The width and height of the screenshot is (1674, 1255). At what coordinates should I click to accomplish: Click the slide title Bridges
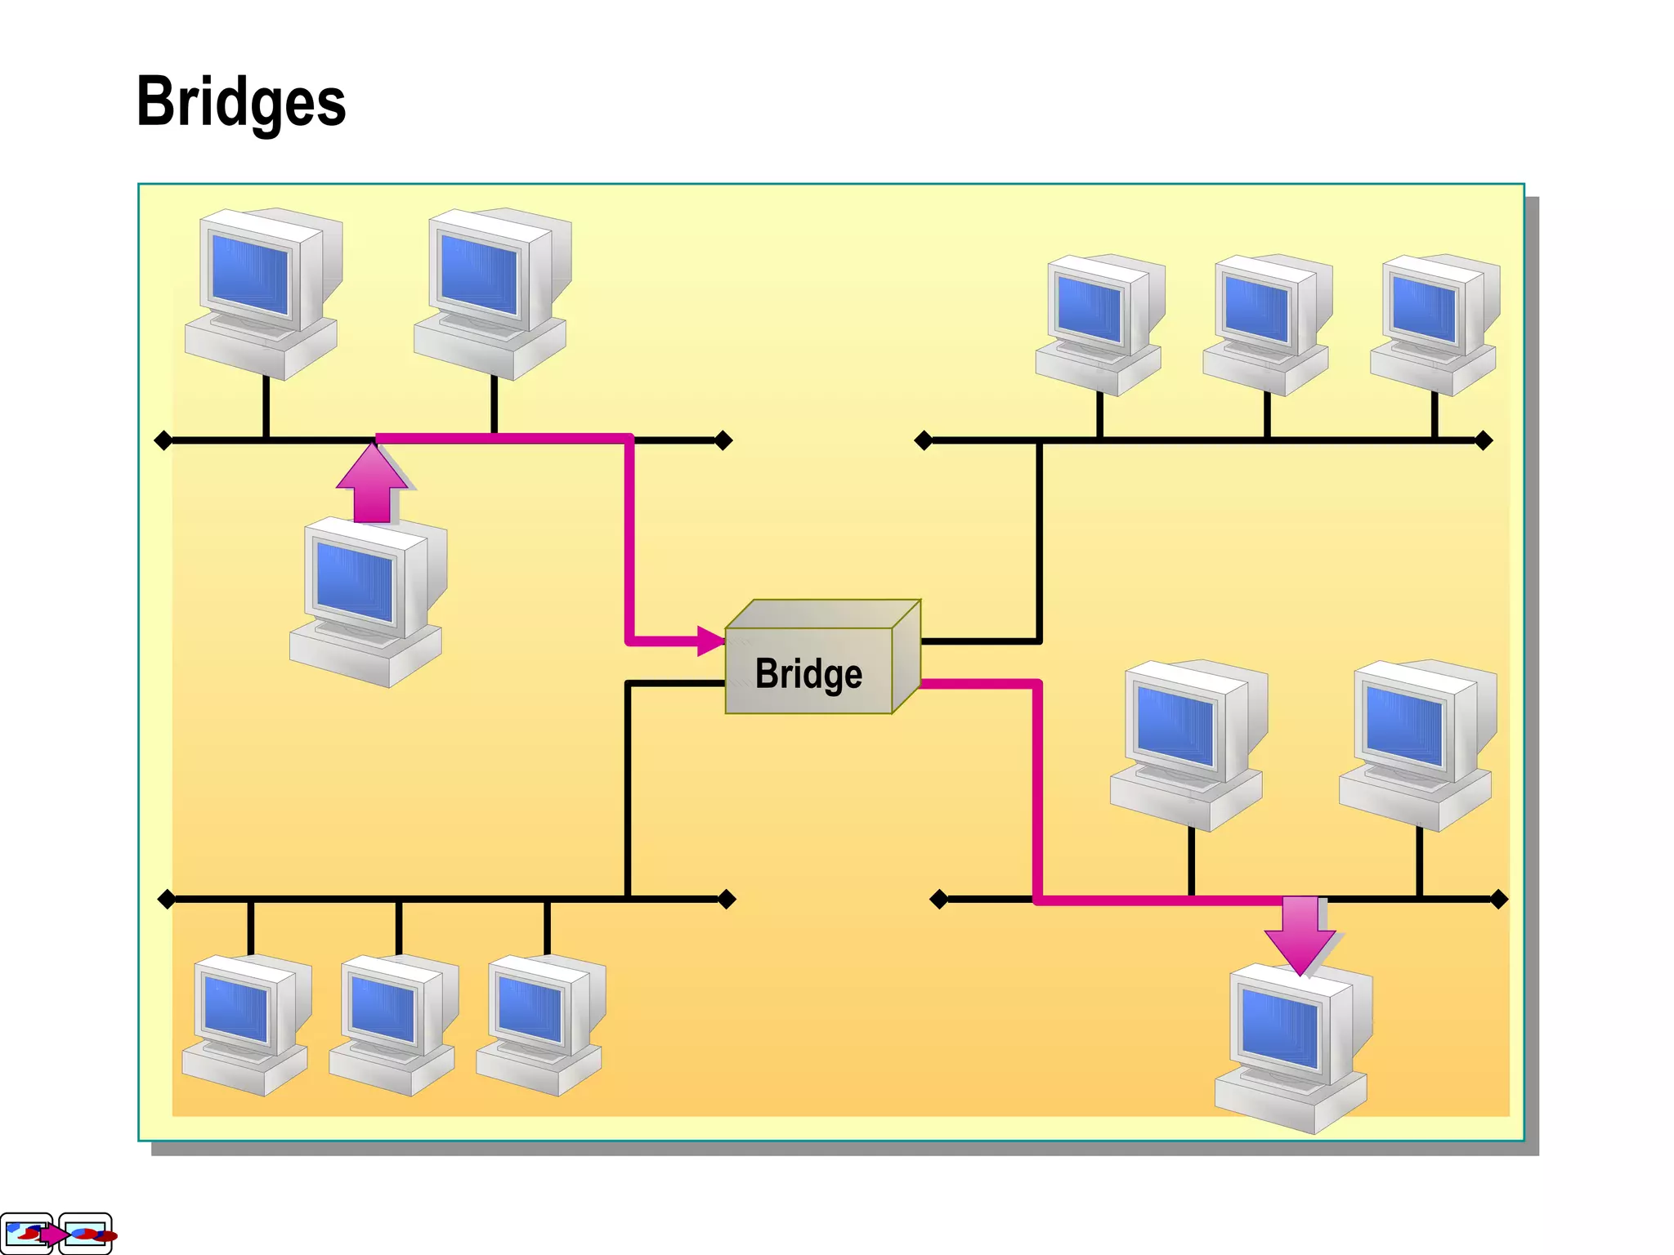[241, 102]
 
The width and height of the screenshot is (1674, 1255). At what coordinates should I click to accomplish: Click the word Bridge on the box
[808, 674]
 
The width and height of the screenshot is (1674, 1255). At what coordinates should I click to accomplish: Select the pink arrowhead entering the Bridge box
[710, 641]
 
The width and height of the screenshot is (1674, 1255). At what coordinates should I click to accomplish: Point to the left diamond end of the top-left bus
[163, 441]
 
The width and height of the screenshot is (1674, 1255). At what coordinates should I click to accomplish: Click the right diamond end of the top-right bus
[1484, 441]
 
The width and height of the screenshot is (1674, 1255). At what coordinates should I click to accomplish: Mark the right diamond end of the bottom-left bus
[727, 900]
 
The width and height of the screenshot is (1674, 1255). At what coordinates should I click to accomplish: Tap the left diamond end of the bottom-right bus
[939, 900]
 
